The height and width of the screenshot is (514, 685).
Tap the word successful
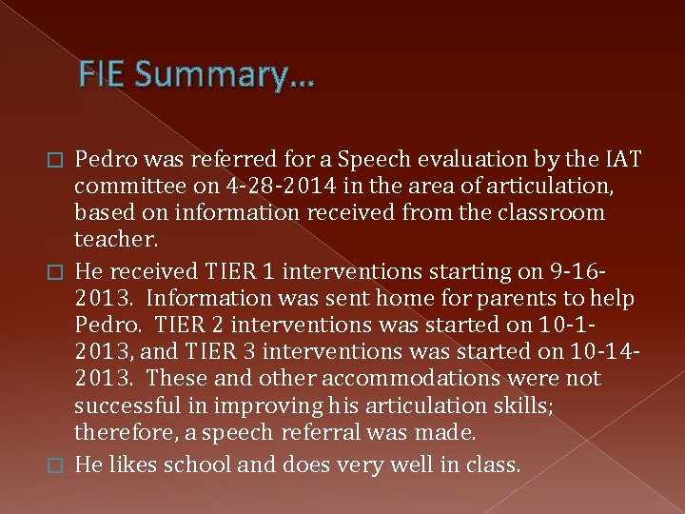click(127, 405)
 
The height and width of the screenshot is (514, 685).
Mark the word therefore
click(123, 432)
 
